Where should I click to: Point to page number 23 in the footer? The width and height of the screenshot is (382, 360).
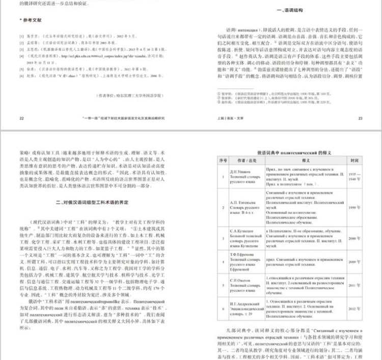point(360,117)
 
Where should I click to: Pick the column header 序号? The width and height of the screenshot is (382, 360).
point(223,161)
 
